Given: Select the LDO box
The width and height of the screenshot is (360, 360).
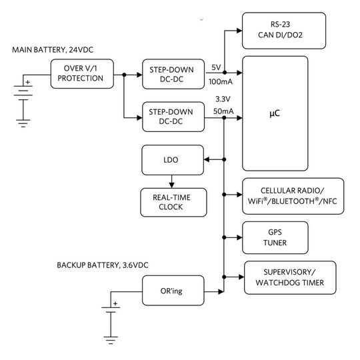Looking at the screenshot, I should click(171, 160).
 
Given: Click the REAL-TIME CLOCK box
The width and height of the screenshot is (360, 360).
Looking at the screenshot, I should click(171, 202).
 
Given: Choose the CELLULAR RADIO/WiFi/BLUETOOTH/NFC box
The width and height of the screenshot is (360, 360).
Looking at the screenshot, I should click(293, 195).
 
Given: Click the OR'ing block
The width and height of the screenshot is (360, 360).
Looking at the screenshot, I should click(171, 291).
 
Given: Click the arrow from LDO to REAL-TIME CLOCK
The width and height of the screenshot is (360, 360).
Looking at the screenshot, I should click(171, 181).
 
